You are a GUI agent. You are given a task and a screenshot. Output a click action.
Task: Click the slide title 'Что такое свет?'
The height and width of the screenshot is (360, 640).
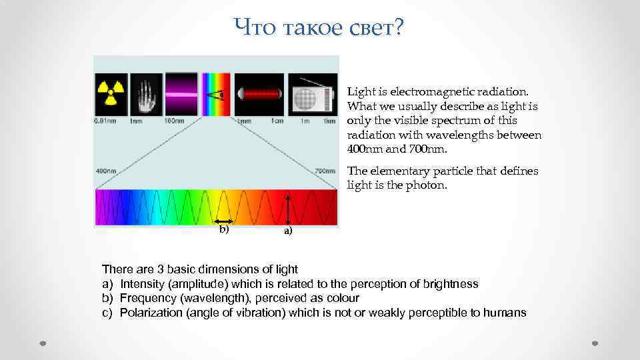click(319, 28)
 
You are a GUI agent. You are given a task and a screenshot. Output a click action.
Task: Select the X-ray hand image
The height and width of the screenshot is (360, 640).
click(147, 94)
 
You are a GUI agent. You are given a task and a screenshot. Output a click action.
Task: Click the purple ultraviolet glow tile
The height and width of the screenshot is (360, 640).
click(181, 94)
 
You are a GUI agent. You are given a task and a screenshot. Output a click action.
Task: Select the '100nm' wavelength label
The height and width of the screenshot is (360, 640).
click(174, 121)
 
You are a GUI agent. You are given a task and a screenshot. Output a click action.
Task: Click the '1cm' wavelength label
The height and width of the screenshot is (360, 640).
click(277, 121)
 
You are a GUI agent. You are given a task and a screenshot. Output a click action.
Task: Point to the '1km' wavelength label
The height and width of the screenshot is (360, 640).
click(329, 121)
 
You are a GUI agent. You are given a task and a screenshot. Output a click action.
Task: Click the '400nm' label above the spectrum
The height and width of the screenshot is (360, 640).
click(106, 171)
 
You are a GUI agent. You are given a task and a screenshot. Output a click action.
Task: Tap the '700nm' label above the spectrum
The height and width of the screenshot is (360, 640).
click(325, 171)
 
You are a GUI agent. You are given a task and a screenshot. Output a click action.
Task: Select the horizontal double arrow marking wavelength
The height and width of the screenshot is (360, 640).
click(223, 220)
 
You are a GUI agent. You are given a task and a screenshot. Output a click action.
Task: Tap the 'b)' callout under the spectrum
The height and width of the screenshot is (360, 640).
click(224, 229)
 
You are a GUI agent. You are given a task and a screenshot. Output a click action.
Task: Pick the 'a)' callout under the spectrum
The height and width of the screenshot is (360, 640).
click(287, 231)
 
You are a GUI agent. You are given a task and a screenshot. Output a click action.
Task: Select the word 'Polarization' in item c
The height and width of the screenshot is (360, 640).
click(152, 313)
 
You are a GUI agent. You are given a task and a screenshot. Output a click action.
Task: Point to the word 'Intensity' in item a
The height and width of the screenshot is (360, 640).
click(142, 284)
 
